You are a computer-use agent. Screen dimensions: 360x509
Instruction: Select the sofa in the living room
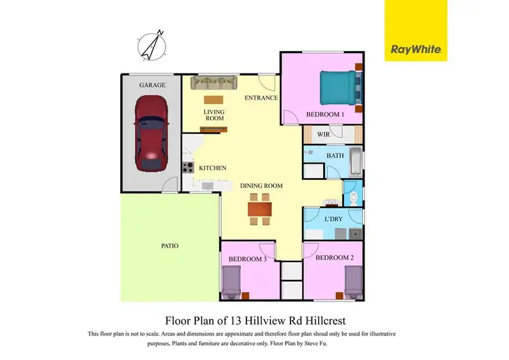point(213,83)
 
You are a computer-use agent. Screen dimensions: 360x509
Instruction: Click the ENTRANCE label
point(261,98)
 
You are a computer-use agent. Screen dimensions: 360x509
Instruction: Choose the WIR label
point(322,134)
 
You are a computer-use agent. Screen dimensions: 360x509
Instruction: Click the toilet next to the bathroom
point(354,198)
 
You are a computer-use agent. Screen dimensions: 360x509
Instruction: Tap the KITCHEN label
point(212,168)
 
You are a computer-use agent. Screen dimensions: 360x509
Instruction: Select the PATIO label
point(170,246)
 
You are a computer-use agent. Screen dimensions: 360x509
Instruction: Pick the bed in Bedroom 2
point(354,281)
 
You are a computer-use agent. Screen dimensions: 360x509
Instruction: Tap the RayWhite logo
point(416,49)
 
